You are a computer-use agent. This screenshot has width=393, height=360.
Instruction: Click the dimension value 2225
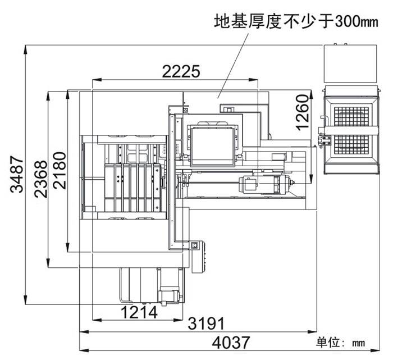click(181, 71)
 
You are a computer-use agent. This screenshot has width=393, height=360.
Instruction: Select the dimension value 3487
click(17, 175)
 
